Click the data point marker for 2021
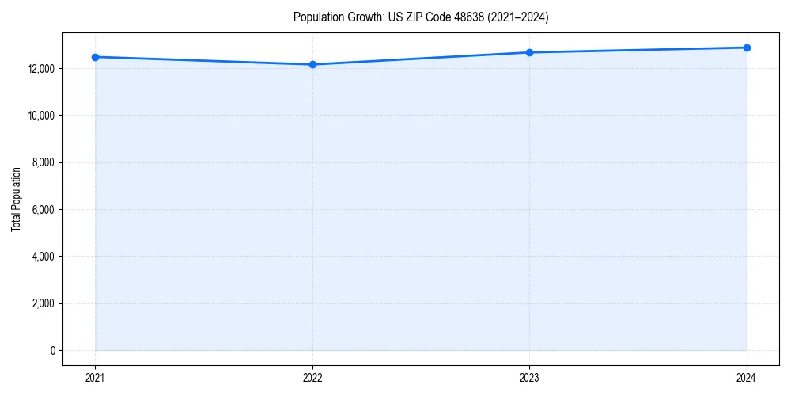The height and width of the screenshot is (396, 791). pyautogui.click(x=95, y=57)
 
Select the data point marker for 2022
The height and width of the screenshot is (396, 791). pyautogui.click(x=312, y=64)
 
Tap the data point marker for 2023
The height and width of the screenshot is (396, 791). pyautogui.click(x=529, y=52)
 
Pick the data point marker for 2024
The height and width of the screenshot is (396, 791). pyautogui.click(x=747, y=48)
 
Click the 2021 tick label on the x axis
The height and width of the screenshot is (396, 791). pyautogui.click(x=95, y=377)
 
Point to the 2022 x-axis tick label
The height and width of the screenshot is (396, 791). pyautogui.click(x=312, y=377)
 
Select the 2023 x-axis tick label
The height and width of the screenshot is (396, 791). pyautogui.click(x=529, y=377)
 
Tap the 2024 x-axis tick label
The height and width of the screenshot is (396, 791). pyautogui.click(x=747, y=377)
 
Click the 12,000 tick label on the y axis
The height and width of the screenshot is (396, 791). pyautogui.click(x=41, y=69)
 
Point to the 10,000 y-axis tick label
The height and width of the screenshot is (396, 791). pyautogui.click(x=41, y=116)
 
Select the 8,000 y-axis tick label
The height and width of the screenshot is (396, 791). pyautogui.click(x=44, y=162)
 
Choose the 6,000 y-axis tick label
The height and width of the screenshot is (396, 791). pyautogui.click(x=44, y=210)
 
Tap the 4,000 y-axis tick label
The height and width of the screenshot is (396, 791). pyautogui.click(x=44, y=257)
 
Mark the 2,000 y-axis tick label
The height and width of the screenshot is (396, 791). pyautogui.click(x=44, y=303)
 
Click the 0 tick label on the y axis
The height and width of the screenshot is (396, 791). pyautogui.click(x=53, y=350)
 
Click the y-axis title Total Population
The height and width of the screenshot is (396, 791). pyautogui.click(x=16, y=199)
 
